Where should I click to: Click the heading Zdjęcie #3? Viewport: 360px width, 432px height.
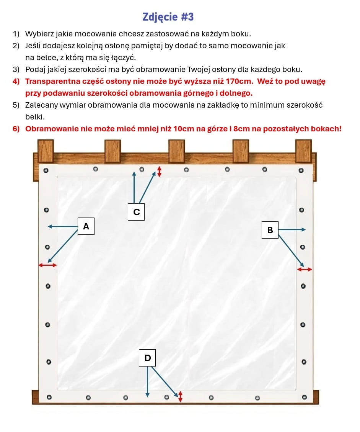point(168,17)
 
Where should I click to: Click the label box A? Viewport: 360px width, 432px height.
point(86,226)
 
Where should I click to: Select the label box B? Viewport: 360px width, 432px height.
point(270,230)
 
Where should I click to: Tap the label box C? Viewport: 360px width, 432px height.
point(137,212)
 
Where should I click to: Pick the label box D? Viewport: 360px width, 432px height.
point(148,358)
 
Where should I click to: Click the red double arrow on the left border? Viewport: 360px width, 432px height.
point(47,265)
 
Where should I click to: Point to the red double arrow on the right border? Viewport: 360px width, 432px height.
point(305,270)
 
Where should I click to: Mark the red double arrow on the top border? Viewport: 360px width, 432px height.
point(160,172)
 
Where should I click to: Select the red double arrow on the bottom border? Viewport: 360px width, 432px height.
point(181,396)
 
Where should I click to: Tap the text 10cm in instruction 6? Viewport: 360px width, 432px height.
point(184,128)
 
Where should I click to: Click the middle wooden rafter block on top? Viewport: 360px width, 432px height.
point(177,150)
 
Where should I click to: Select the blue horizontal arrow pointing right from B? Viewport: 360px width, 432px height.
point(292,230)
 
